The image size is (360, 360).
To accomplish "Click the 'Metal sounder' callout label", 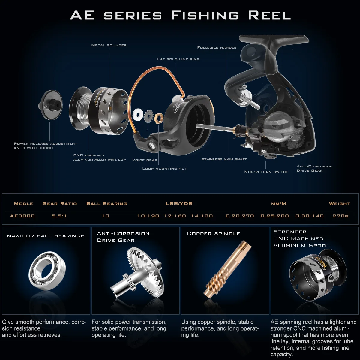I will click(x=109, y=45).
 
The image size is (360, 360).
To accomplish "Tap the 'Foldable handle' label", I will click(x=217, y=48).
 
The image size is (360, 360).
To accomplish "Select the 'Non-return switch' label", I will click(x=266, y=172).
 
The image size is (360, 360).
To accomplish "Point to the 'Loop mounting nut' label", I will click(x=164, y=169).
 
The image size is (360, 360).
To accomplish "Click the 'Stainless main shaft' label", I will click(x=224, y=159).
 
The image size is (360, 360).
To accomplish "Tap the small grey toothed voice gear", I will click(x=148, y=116).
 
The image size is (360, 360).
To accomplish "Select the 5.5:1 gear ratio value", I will click(x=59, y=216).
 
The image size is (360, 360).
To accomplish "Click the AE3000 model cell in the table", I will click(x=22, y=216).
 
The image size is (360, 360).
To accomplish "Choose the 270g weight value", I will click(x=340, y=216).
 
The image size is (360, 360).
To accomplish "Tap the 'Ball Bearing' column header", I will click(x=107, y=204).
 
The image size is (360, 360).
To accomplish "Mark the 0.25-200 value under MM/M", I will click(x=274, y=216).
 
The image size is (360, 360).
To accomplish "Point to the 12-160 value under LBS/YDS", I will click(x=175, y=216).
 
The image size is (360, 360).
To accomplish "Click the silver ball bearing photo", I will click(x=47, y=271).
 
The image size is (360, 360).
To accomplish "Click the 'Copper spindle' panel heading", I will click(x=214, y=234).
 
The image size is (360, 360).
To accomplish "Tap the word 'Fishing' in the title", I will click(x=205, y=16).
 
